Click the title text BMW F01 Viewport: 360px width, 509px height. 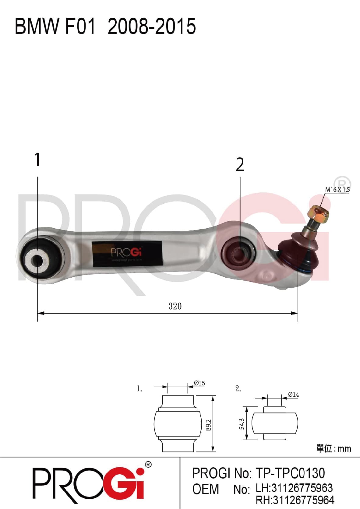55,26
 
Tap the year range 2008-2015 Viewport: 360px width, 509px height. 152,26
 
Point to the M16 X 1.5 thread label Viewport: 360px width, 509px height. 337,190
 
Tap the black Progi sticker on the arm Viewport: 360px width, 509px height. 127,254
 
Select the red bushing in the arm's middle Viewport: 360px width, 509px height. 238,253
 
